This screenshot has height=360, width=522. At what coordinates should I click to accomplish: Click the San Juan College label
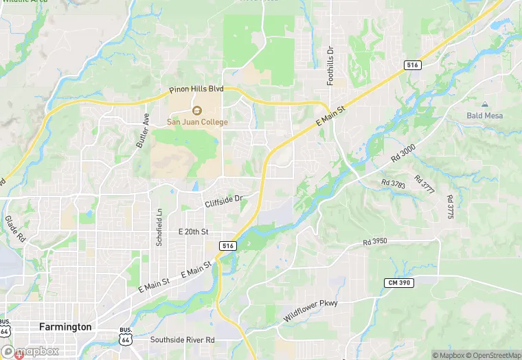pyautogui.click(x=196, y=122)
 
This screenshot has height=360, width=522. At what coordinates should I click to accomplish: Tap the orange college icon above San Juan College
pyautogui.click(x=196, y=111)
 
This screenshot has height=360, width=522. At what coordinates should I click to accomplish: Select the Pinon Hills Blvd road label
pyautogui.click(x=197, y=89)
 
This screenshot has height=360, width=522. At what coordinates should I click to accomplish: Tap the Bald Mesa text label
pyautogui.click(x=485, y=115)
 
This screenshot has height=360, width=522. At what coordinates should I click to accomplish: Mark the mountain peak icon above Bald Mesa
pyautogui.click(x=485, y=104)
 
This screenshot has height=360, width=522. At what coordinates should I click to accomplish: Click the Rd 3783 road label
pyautogui.click(x=394, y=183)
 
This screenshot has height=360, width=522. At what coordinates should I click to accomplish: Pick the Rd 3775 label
pyautogui.click(x=450, y=207)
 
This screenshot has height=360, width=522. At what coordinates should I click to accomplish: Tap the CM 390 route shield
pyautogui.click(x=399, y=283)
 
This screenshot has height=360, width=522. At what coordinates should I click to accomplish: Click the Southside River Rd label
pyautogui.click(x=183, y=340)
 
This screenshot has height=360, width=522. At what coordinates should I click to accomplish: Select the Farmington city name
pyautogui.click(x=65, y=327)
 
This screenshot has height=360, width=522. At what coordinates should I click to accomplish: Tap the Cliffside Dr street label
pyautogui.click(x=224, y=201)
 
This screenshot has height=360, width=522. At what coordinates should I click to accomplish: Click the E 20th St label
pyautogui.click(x=193, y=232)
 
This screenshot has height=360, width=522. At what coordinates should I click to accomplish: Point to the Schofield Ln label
pyautogui.click(x=159, y=227)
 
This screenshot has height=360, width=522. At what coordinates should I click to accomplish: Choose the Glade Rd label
pyautogui.click(x=15, y=229)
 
